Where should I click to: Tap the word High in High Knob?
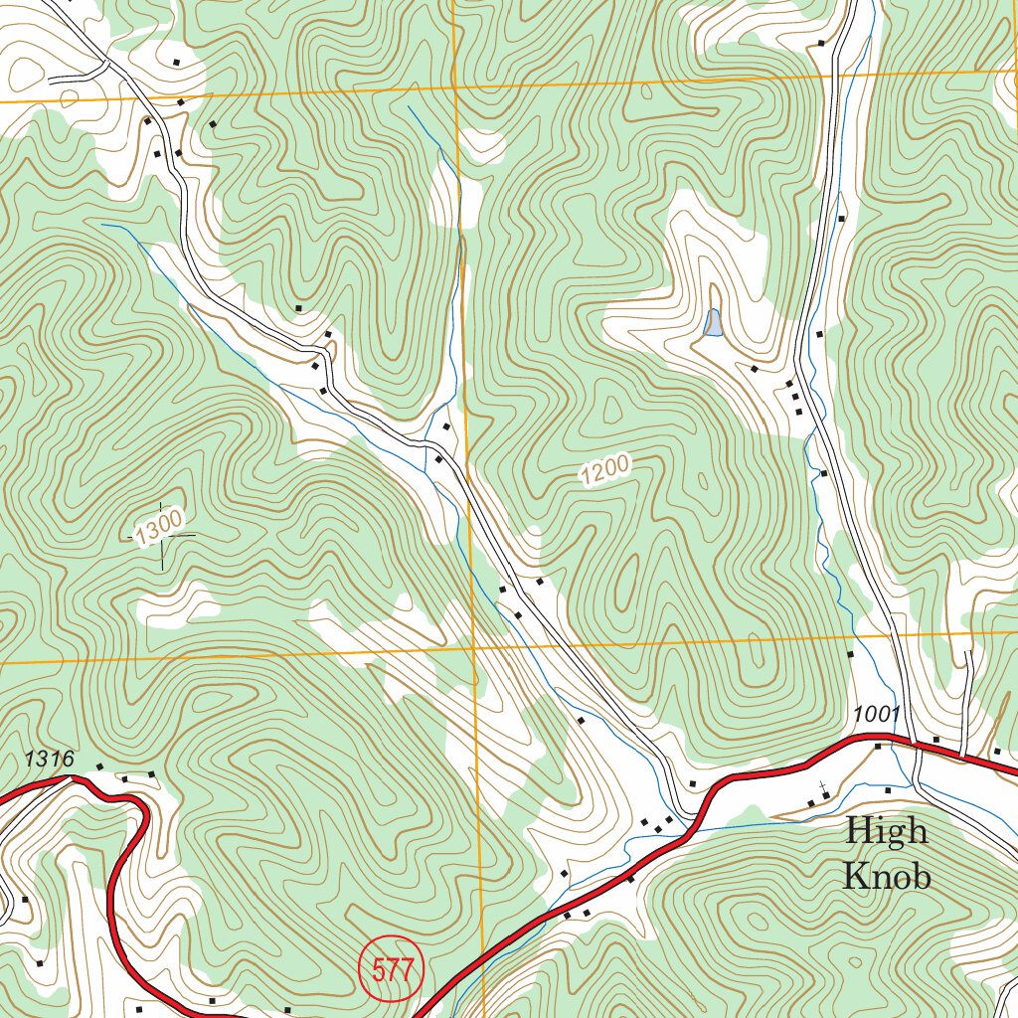pos(887,831)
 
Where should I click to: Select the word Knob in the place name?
pos(887,876)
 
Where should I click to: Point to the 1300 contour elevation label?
pos(159,526)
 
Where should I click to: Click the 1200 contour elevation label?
pos(605,470)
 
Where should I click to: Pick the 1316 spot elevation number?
pos(50,759)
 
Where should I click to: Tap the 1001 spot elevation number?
pos(876,714)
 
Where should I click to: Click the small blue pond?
pos(712,322)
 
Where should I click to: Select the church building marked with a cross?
pos(824,794)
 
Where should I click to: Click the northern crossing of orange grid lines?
pos(453,87)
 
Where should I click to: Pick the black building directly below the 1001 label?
pos(878,746)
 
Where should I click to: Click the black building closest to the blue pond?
pos(754,370)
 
